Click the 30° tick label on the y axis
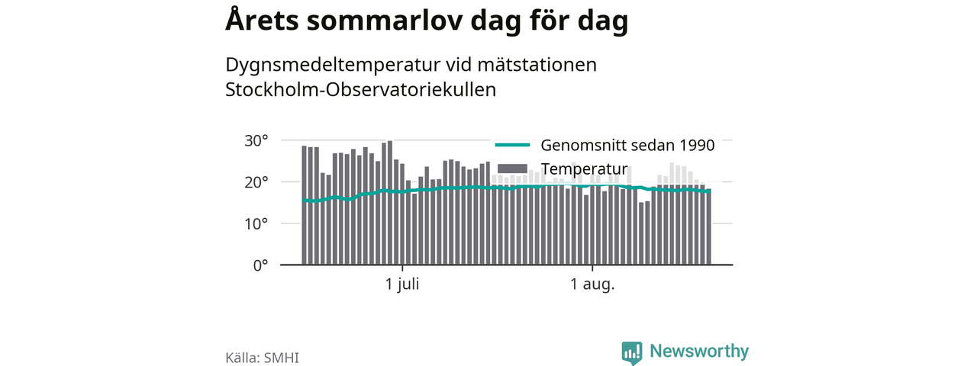[256, 141]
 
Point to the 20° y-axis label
[256, 182]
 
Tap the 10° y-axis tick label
[256, 224]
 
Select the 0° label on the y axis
[260, 265]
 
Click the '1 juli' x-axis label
[402, 284]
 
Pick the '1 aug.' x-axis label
[592, 284]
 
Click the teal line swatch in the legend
[512, 145]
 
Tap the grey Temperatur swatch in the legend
[512, 169]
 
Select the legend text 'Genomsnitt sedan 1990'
[627, 146]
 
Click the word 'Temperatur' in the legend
[584, 169]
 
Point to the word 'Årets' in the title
[262, 19]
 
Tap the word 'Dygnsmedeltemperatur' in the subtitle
[333, 66]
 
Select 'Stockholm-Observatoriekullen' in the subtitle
[361, 90]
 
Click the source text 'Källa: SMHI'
[262, 358]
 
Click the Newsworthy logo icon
[632, 352]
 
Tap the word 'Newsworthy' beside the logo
[699, 351]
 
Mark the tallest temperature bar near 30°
[390, 203]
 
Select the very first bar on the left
[304, 205]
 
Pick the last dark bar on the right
[709, 226]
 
